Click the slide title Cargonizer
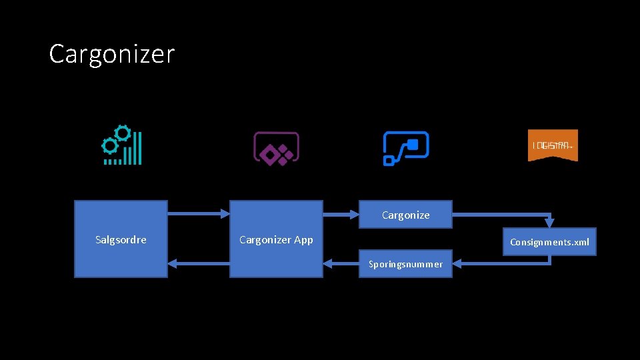111,54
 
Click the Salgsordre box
121,239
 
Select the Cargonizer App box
276,239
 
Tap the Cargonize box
405,215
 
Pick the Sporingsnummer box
405,264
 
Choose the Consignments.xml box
549,242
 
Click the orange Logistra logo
553,145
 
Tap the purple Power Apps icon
276,148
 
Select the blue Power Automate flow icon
405,148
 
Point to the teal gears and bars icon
121,145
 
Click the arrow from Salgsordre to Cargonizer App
198,214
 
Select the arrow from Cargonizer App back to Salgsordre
198,264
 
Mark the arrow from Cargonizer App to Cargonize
341,214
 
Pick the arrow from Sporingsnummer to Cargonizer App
341,264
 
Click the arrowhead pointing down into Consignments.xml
549,223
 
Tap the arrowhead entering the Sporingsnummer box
457,264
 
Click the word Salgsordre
121,239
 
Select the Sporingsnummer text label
405,265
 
